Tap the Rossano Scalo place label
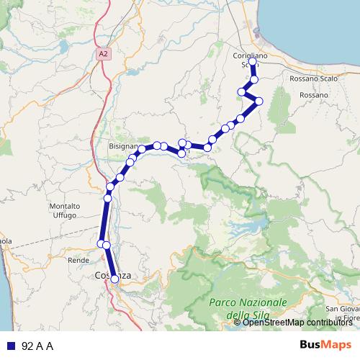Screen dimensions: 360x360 click(309, 78)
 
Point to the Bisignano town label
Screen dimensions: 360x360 click(122, 145)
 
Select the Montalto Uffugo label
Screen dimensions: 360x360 click(64, 211)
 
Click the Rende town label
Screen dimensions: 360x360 click(77, 259)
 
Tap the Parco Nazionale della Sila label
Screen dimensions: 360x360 click(248, 307)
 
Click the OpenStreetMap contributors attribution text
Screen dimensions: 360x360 click(297, 323)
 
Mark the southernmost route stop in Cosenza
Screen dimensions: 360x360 click(114, 279)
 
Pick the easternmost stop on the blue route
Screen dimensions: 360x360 click(259, 100)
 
